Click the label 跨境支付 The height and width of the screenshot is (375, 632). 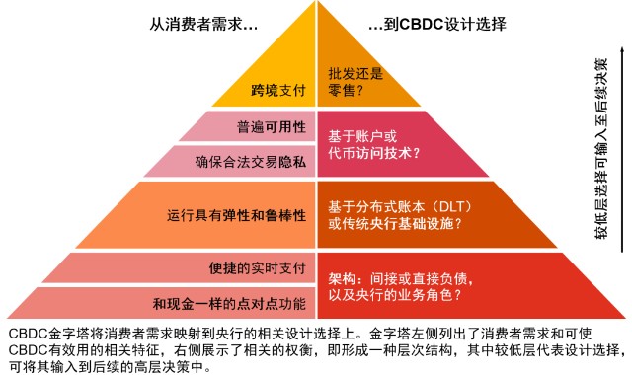pyautogui.click(x=278, y=90)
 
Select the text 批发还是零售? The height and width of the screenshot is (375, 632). pyautogui.click(x=355, y=81)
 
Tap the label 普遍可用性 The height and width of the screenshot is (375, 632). pyautogui.click(x=272, y=127)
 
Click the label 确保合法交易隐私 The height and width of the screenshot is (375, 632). pyautogui.click(x=250, y=162)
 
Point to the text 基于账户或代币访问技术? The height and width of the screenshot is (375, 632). pyautogui.click(x=374, y=145)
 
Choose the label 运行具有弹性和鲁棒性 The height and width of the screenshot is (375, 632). pyautogui.click(x=237, y=215)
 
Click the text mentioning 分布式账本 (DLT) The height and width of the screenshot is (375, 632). pyautogui.click(x=400, y=215)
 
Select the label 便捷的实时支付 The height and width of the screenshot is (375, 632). pyautogui.click(x=257, y=267)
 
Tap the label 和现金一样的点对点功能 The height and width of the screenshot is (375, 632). pyautogui.click(x=229, y=303)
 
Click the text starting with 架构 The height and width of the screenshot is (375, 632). pyautogui.click(x=401, y=286)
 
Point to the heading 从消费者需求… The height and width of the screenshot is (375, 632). pyautogui.click(x=203, y=24)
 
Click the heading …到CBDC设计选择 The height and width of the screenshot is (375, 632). pyautogui.click(x=437, y=24)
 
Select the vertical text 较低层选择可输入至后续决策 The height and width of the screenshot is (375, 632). pyautogui.click(x=600, y=149)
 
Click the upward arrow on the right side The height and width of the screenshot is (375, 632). pyautogui.click(x=622, y=149)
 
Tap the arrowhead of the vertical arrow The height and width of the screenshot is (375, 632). pyautogui.click(x=622, y=50)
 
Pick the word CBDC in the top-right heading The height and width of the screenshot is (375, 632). pyautogui.click(x=422, y=24)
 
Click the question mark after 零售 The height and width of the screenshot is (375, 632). pyautogui.click(x=359, y=90)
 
